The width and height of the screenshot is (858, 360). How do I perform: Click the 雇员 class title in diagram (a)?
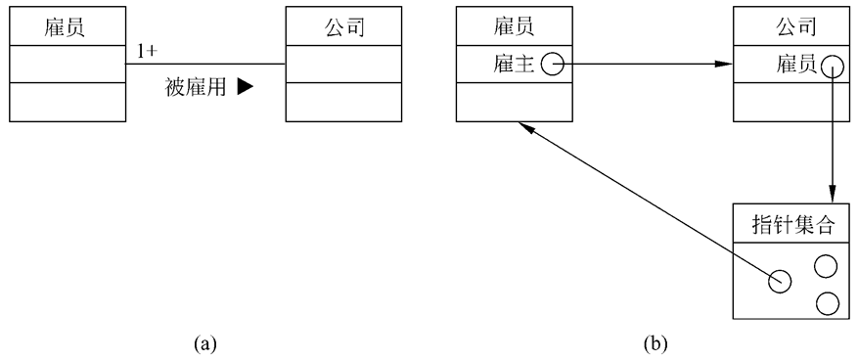click(x=68, y=27)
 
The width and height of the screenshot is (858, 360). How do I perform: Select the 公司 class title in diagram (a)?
click(x=342, y=27)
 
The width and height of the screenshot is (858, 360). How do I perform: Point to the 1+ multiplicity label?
click(x=148, y=51)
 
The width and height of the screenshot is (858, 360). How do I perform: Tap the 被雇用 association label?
click(x=196, y=87)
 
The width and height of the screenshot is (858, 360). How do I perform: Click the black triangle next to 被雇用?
click(x=245, y=87)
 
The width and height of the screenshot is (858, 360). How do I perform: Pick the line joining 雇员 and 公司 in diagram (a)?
click(x=205, y=65)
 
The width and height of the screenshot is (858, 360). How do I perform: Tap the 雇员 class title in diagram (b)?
click(x=514, y=27)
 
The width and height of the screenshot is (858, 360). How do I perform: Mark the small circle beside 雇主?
click(x=552, y=66)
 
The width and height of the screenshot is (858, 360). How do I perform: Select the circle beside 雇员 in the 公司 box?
click(x=832, y=66)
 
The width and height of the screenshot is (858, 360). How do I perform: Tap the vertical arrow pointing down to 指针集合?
click(x=832, y=137)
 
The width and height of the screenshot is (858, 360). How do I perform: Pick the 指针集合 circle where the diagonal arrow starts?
click(x=779, y=282)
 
